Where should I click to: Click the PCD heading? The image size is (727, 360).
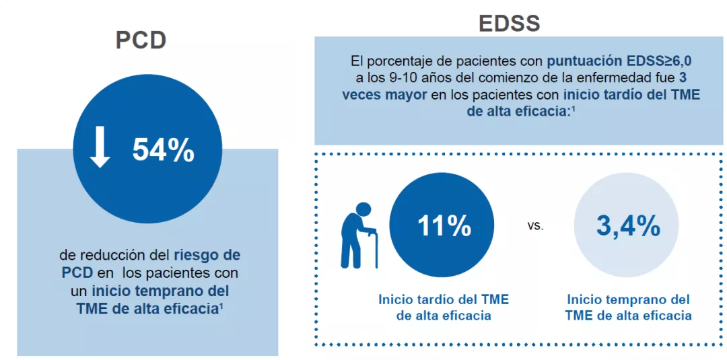141,40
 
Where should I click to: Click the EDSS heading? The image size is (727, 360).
509,23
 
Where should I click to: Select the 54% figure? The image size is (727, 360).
163,150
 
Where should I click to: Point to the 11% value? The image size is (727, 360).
444,226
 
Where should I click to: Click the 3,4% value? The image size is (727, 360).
628,226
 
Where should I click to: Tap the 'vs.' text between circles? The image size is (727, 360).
535,226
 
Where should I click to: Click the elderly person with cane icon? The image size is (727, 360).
359,235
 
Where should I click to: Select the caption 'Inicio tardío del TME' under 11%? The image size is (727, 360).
444,299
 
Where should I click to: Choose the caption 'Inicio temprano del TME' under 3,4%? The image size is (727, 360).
628,299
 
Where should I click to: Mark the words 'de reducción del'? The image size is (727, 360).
115,256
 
